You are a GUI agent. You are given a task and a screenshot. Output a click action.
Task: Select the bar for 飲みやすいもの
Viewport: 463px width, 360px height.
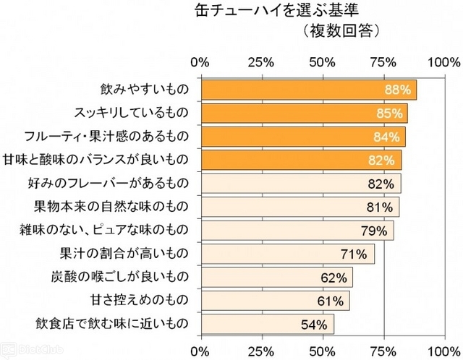[308, 90]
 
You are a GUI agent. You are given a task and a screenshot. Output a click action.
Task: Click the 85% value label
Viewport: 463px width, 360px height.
[390, 113]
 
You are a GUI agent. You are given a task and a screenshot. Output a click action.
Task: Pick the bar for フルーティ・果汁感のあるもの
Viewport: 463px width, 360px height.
[302, 136]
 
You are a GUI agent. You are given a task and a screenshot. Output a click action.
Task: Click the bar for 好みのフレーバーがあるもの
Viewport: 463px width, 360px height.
[300, 183]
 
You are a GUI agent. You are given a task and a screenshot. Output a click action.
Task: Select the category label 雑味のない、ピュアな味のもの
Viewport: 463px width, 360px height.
[103, 230]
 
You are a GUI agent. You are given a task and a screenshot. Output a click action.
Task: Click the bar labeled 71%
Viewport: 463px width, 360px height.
[287, 254]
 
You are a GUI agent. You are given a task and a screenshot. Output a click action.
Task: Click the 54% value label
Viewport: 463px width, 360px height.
[314, 324]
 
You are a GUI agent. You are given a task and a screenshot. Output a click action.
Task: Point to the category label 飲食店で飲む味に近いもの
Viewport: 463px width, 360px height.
[111, 323]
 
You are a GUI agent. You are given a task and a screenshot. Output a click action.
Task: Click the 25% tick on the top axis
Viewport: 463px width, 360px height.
[263, 62]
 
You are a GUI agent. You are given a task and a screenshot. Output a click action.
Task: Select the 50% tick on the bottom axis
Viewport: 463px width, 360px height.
[324, 351]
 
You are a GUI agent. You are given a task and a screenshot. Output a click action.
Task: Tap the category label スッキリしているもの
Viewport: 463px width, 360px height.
[131, 113]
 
